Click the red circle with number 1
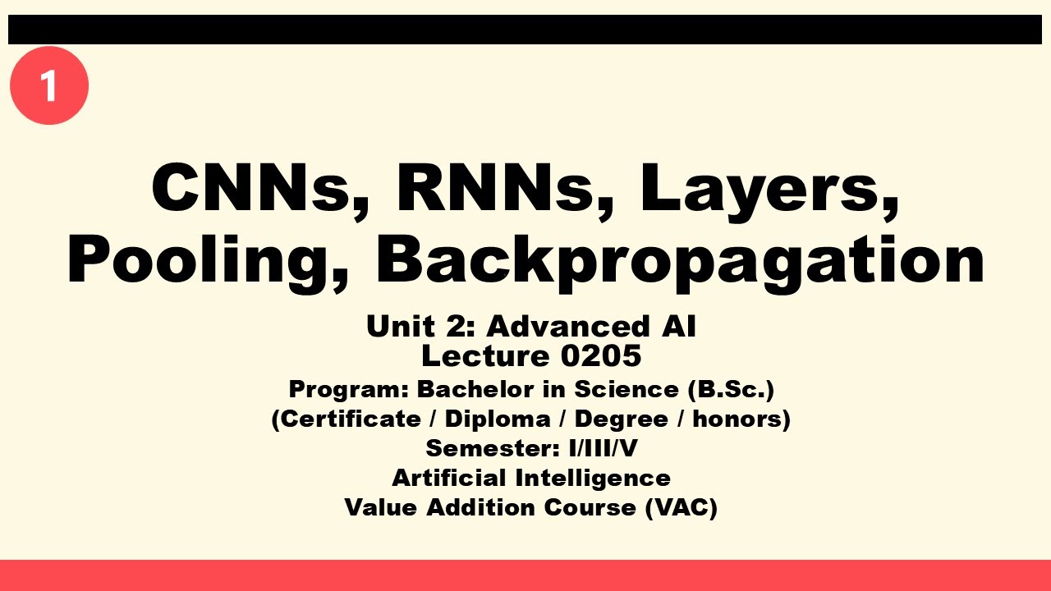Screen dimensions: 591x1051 [49, 85]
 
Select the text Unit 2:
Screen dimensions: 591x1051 [420, 327]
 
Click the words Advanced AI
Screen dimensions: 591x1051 [591, 327]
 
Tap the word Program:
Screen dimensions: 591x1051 [348, 389]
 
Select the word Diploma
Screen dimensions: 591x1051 [498, 419]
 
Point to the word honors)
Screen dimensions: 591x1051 [741, 419]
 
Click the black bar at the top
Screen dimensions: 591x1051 [525, 30]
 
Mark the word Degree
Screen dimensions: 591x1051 [621, 419]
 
